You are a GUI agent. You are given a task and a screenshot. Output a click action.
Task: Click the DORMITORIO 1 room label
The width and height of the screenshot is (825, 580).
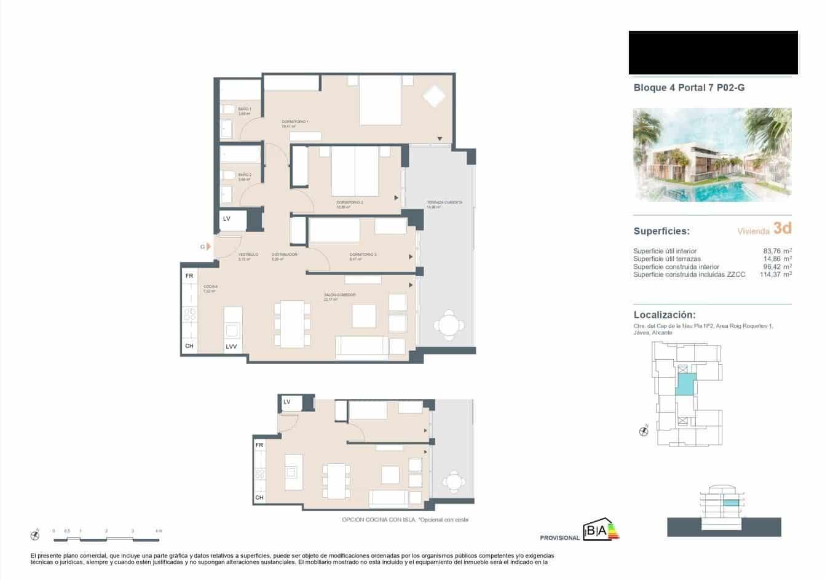point(294,121)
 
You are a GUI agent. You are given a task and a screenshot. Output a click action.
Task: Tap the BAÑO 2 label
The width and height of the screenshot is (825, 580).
point(245,175)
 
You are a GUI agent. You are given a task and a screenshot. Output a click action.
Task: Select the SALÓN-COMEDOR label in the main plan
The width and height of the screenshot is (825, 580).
point(340,295)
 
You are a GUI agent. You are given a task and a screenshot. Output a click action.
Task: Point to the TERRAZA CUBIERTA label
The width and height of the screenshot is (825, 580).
point(444,202)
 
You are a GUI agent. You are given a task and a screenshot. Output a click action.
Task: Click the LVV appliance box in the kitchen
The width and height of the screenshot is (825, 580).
point(231,346)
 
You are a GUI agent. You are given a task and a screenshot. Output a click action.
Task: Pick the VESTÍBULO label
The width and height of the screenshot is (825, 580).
point(248,254)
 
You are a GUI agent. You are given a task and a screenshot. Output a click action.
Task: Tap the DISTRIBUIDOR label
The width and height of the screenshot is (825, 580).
point(284,254)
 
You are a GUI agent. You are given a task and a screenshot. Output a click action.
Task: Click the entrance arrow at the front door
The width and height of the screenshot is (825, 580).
point(208,247)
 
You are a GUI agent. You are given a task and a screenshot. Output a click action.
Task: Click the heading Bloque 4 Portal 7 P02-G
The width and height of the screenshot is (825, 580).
point(689,88)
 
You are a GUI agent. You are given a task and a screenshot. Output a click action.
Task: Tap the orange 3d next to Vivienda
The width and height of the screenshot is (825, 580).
point(782,229)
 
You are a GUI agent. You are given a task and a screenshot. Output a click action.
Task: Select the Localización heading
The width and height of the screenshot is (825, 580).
point(665,314)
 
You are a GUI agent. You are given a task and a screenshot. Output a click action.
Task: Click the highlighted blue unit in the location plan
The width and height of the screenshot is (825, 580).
point(684,383)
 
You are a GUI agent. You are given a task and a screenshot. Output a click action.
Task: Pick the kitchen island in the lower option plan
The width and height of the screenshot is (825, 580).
point(291,472)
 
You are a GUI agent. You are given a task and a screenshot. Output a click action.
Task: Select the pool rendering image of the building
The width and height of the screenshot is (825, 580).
point(712,155)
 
